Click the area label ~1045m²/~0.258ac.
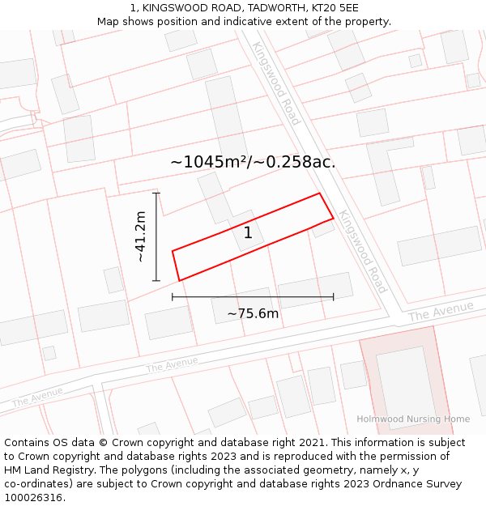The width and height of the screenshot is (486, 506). pyautogui.click(x=253, y=162)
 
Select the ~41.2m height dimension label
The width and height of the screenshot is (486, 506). pyautogui.click(x=141, y=236)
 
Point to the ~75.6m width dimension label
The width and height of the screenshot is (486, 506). pyautogui.click(x=253, y=314)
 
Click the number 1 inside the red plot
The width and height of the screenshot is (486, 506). pyautogui.click(x=248, y=233)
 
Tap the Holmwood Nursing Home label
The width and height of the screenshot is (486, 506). pyautogui.click(x=413, y=419)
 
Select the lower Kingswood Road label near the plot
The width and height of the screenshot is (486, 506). pyautogui.click(x=363, y=252)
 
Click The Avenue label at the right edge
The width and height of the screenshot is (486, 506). pyautogui.click(x=441, y=311)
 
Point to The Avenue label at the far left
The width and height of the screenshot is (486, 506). pyautogui.click(x=37, y=396)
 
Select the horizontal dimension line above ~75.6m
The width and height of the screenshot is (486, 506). pyautogui.click(x=253, y=297)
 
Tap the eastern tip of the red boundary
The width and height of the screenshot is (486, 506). pyautogui.click(x=333, y=217)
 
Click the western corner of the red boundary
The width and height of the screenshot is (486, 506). pyautogui.click(x=173, y=251)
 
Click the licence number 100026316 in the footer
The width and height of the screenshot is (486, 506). pyautogui.click(x=32, y=497)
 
